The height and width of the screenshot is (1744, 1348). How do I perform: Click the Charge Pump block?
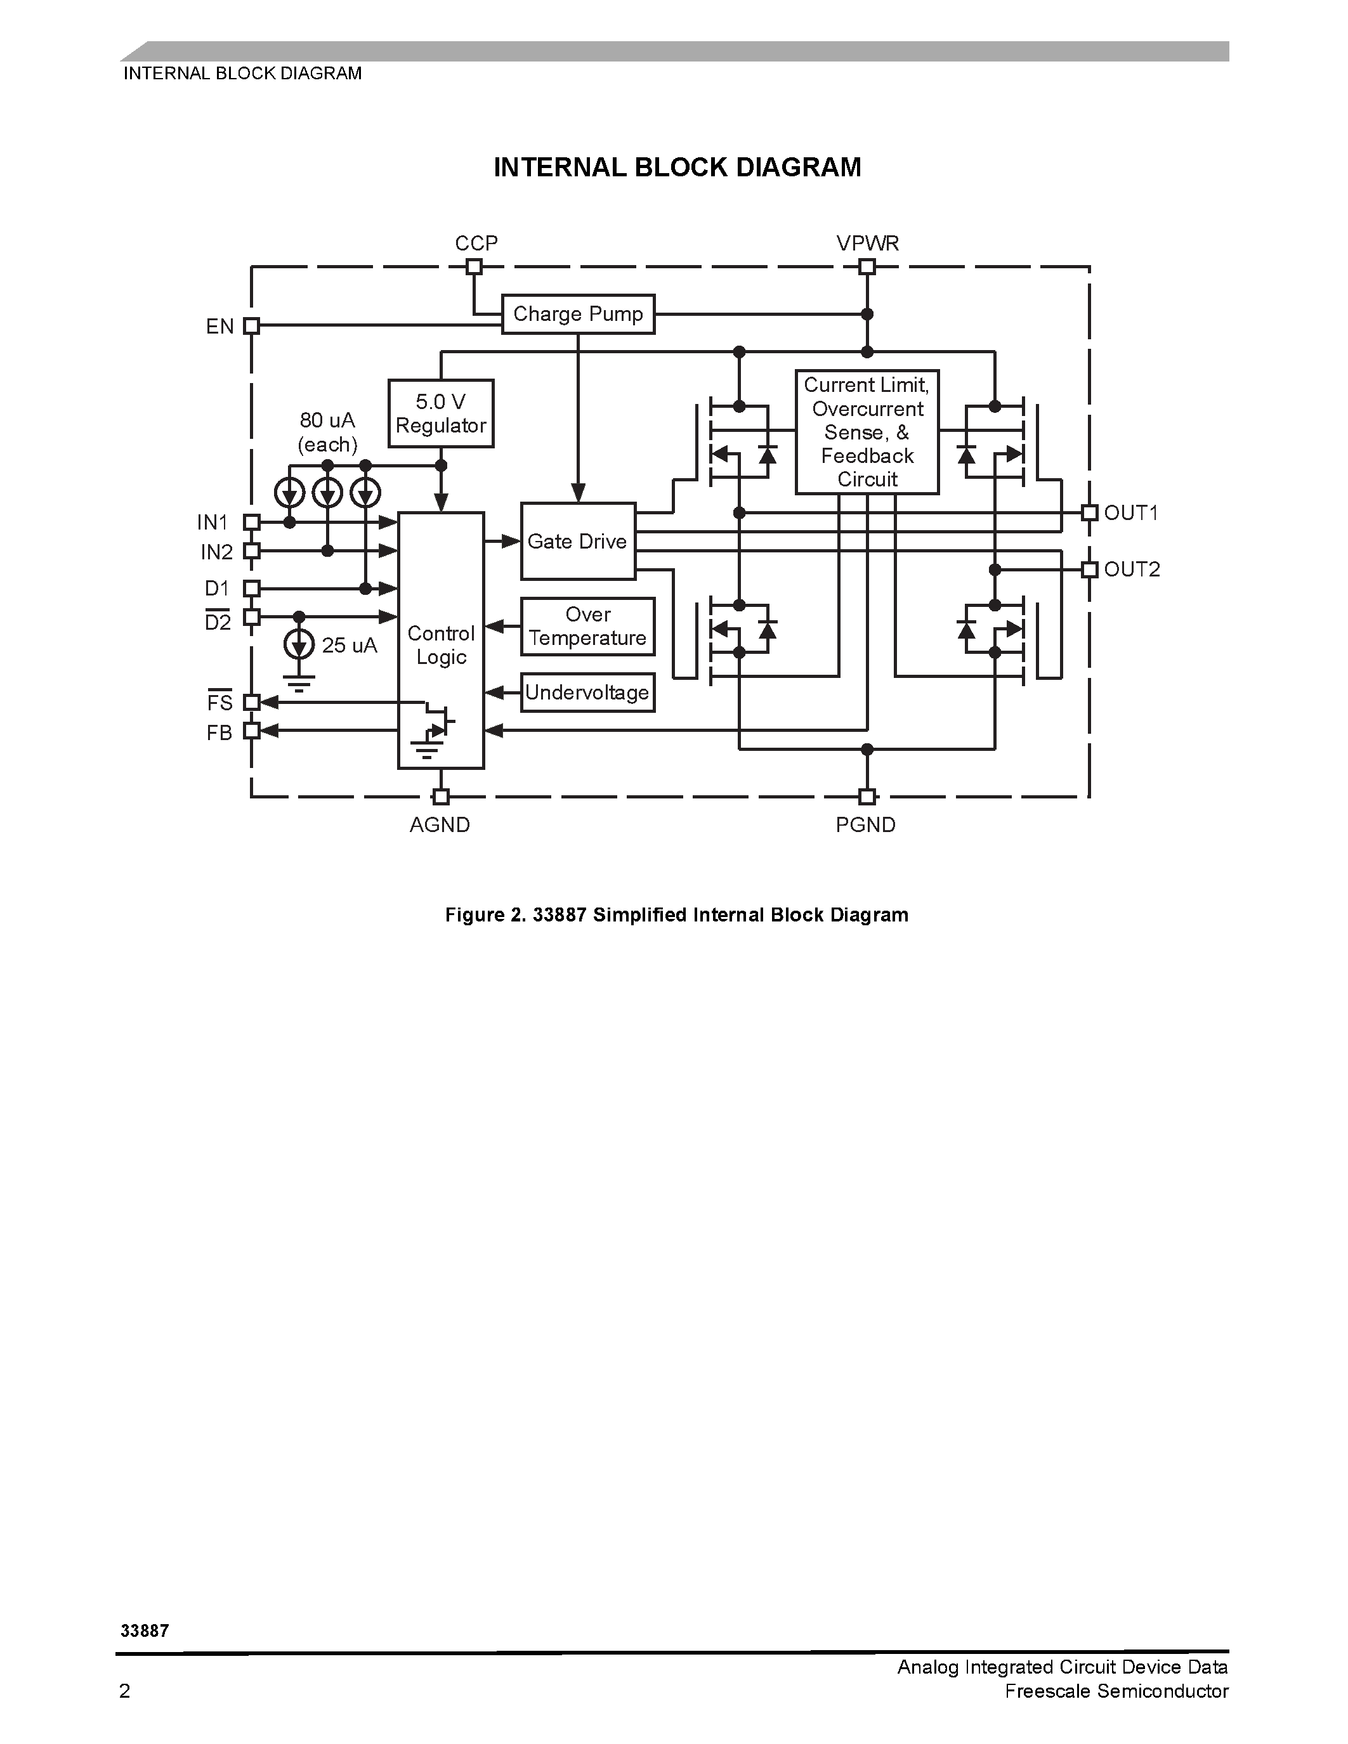(577, 314)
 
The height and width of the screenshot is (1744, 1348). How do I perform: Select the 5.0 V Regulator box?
(441, 413)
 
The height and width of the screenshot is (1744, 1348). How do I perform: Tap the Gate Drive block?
(577, 542)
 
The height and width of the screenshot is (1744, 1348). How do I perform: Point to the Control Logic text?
(441, 645)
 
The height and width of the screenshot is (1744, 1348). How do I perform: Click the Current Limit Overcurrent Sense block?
(867, 432)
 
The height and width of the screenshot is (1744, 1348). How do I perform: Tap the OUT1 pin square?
(1089, 512)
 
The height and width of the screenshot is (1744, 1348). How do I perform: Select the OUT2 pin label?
(1132, 569)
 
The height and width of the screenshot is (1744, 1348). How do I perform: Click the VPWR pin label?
(867, 243)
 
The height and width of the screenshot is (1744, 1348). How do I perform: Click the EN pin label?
(219, 327)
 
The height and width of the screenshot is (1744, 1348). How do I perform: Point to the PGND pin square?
(867, 796)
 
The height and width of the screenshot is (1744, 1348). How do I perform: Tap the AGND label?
(440, 825)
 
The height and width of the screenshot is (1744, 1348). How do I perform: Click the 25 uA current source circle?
(299, 644)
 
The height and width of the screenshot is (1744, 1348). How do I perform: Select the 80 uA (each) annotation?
(327, 432)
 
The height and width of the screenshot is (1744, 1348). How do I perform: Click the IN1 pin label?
(213, 522)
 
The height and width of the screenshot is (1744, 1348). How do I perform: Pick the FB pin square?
(252, 731)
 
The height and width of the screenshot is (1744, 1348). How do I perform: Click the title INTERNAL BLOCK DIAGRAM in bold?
(677, 167)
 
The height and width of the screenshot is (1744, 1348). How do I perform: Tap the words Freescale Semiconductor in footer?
(1116, 1691)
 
